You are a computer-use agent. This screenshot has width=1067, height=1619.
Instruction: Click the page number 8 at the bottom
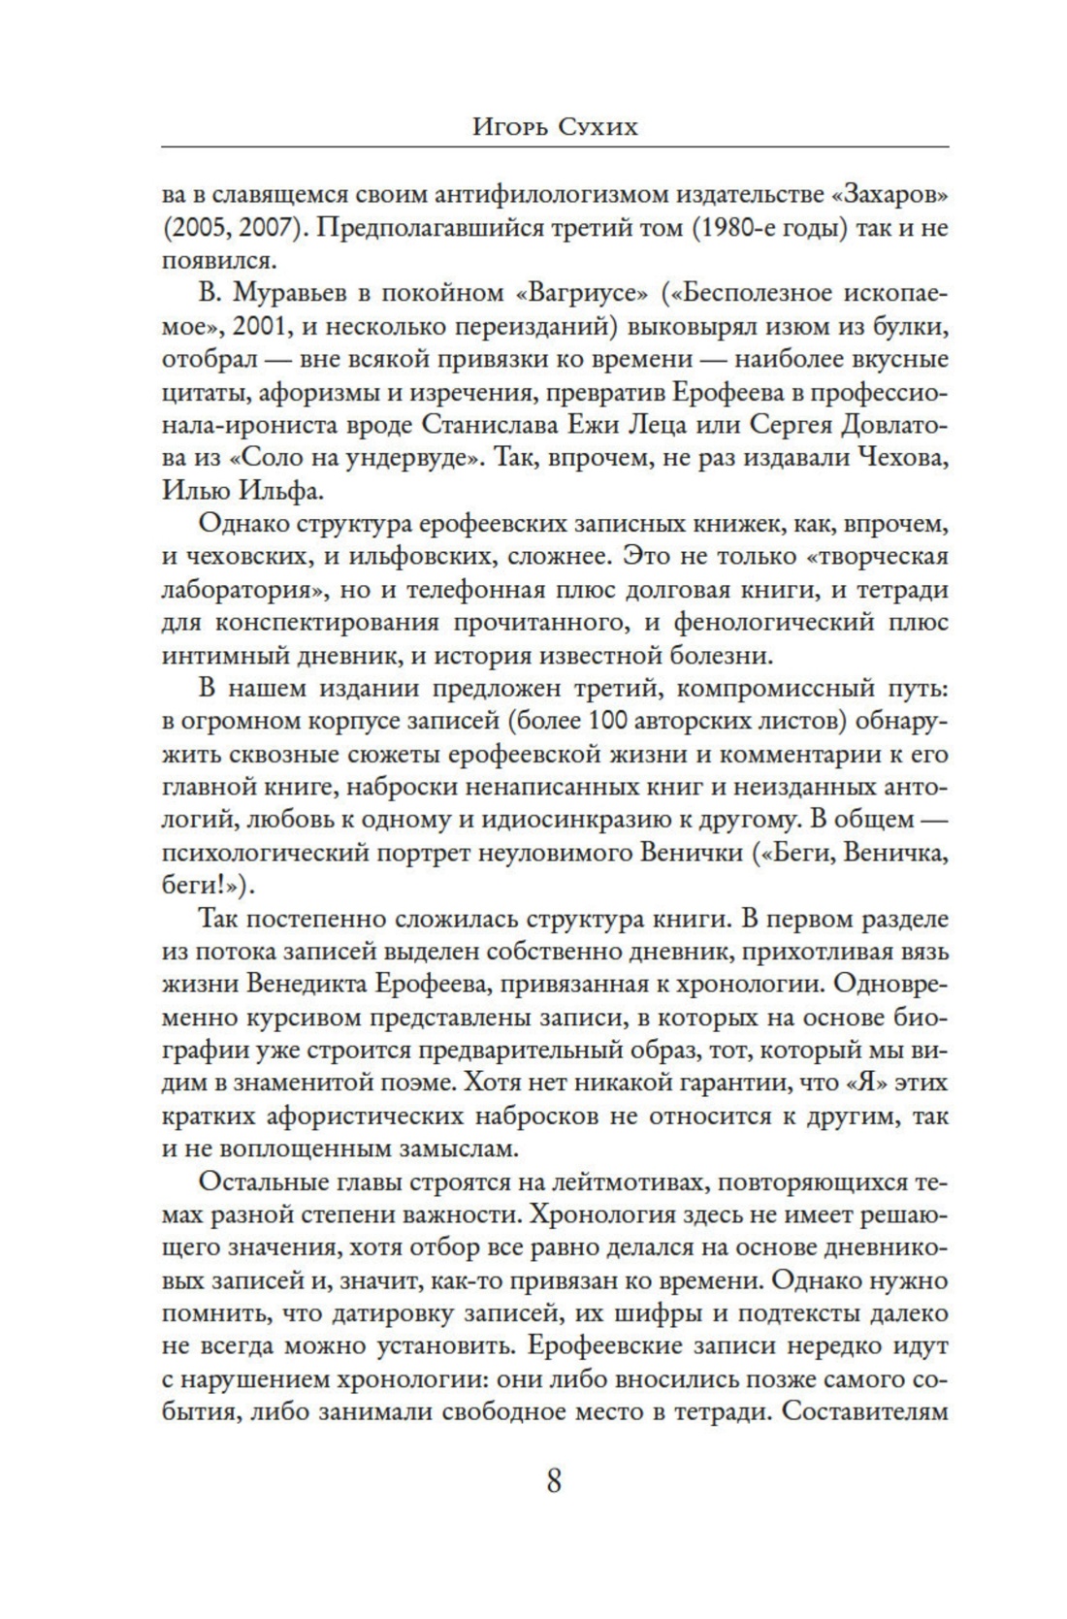coord(554,1482)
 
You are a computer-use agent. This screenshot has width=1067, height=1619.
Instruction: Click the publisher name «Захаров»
coord(889,194)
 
